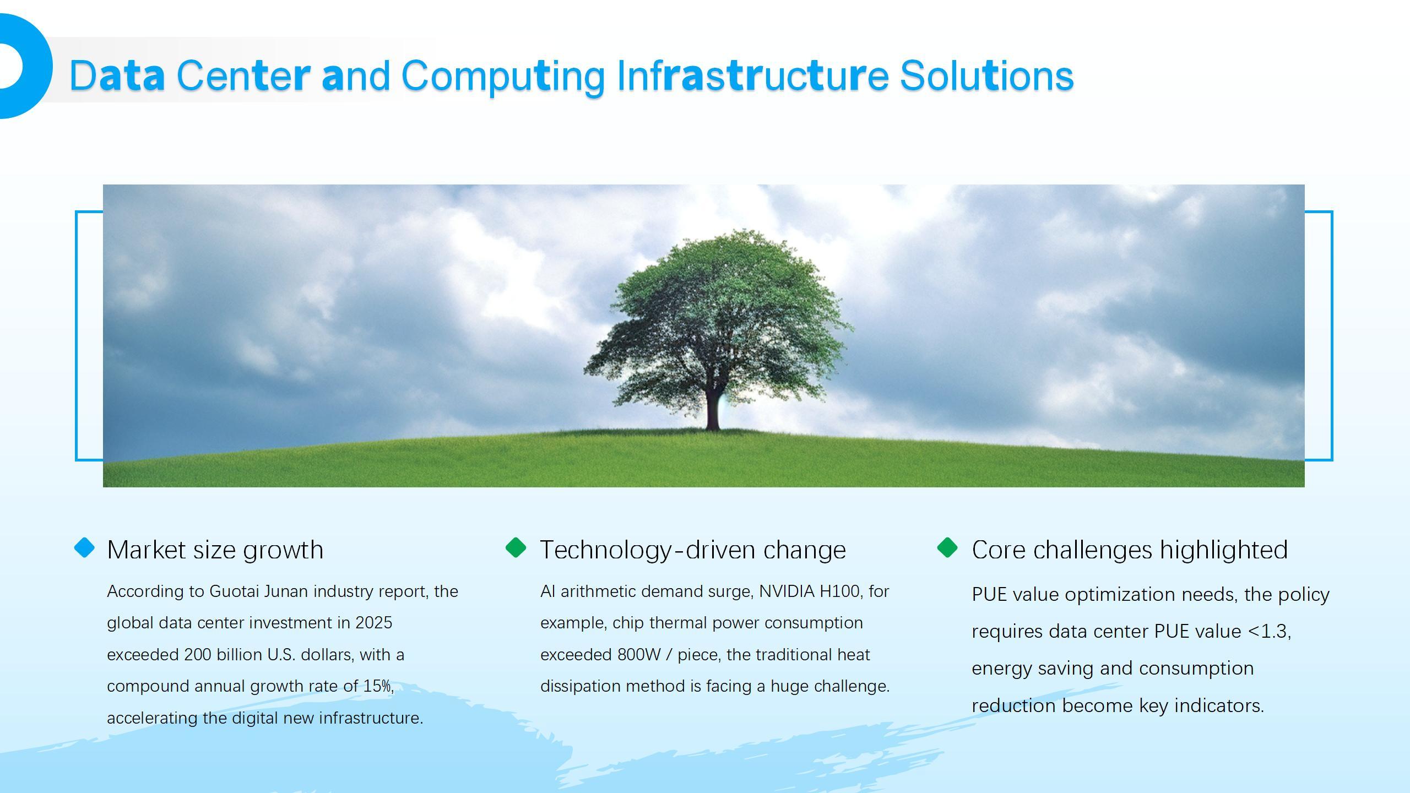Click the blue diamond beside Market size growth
(x=84, y=548)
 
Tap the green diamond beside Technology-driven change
(x=516, y=548)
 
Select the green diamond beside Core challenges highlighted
(x=947, y=548)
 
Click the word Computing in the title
(x=502, y=76)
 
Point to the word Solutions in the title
(x=986, y=76)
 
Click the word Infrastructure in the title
(x=752, y=76)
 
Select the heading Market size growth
(x=215, y=550)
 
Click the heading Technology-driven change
(x=693, y=550)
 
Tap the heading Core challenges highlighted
(x=1130, y=550)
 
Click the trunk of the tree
(x=713, y=410)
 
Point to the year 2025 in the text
(x=374, y=623)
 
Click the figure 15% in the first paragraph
(x=377, y=686)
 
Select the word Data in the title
(x=117, y=76)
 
